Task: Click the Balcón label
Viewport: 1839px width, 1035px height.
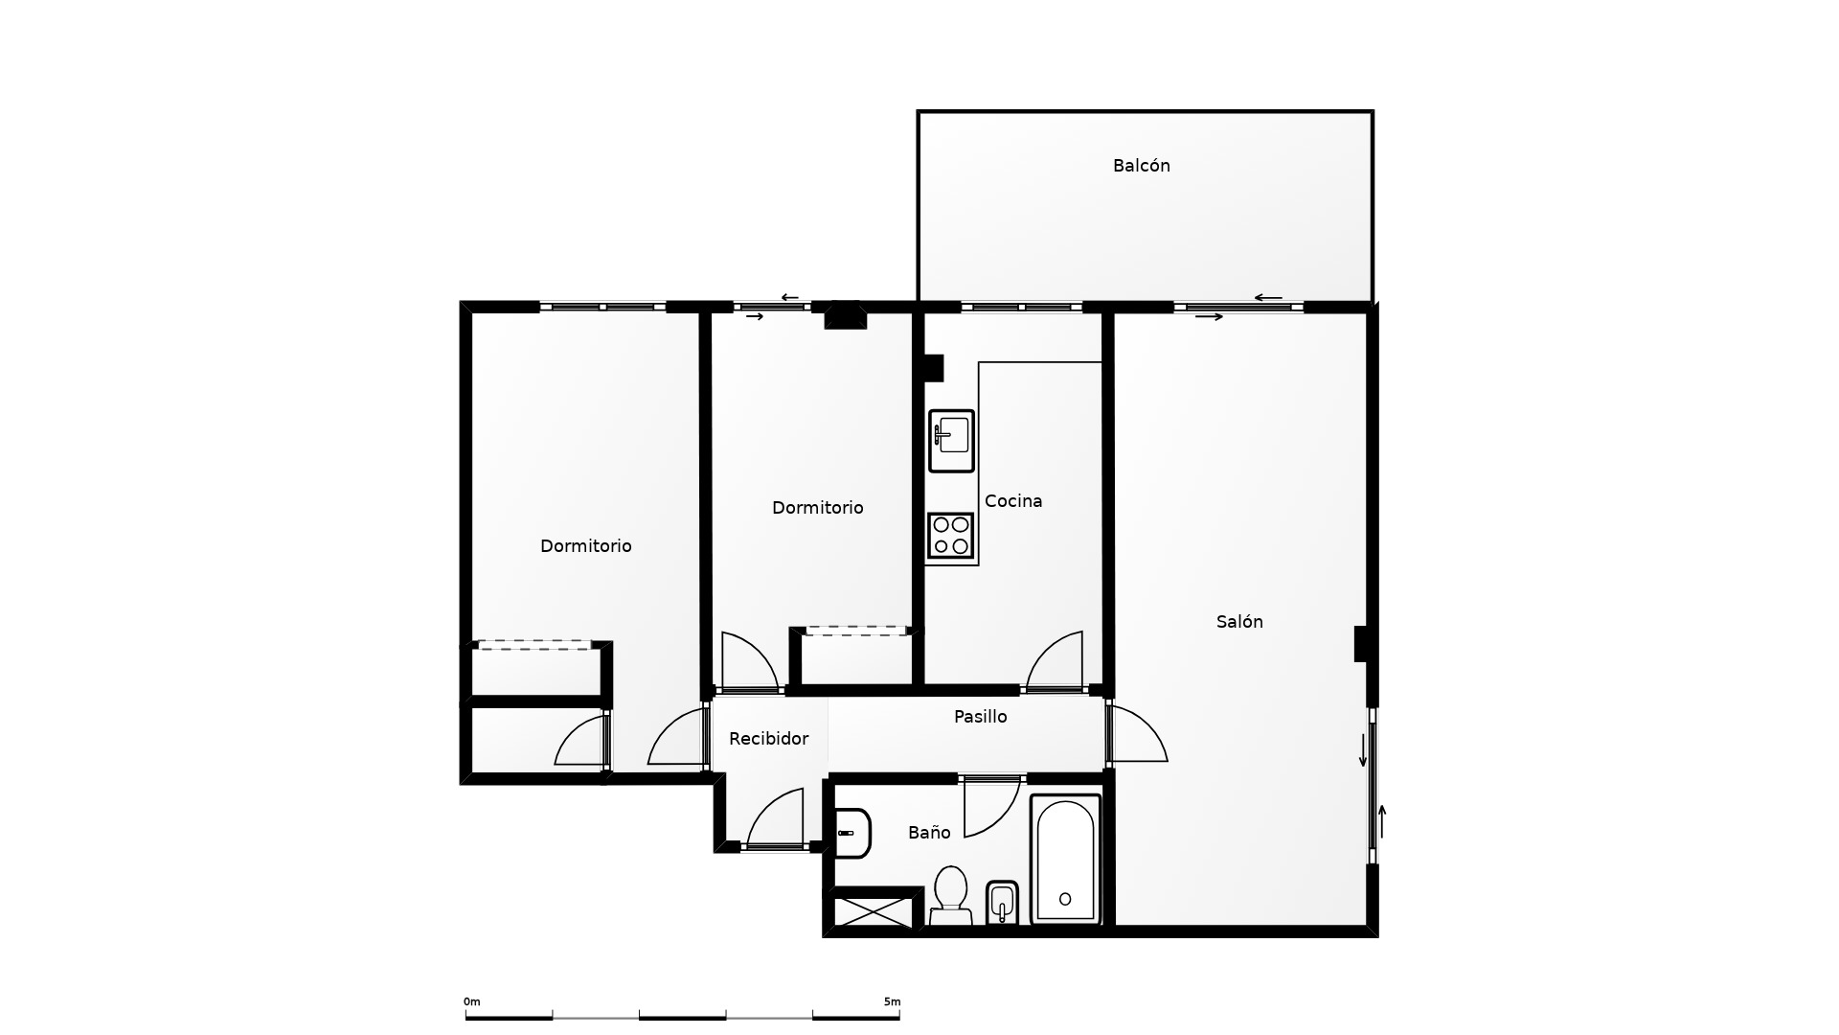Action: point(1141,166)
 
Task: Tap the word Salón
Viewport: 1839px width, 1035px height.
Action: point(1239,622)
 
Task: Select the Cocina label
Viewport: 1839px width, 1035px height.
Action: point(1013,501)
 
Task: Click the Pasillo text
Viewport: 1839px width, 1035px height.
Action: point(980,717)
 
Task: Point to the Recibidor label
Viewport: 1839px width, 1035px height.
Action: point(768,739)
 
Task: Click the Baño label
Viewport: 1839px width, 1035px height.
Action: point(929,833)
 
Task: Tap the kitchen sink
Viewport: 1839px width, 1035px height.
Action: point(951,441)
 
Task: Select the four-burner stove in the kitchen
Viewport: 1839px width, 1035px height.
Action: point(951,536)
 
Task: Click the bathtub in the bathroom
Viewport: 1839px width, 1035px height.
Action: point(1065,860)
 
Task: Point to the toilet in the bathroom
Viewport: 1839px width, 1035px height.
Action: point(951,896)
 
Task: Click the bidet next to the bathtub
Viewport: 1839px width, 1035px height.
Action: point(1002,903)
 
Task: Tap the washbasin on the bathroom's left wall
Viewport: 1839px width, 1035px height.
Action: point(852,833)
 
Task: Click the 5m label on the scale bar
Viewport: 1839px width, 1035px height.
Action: point(892,1002)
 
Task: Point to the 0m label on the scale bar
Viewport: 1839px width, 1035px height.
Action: point(472,1002)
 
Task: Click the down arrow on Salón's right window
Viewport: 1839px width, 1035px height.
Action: point(1363,750)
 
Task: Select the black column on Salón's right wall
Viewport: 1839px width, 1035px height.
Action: point(1360,644)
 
